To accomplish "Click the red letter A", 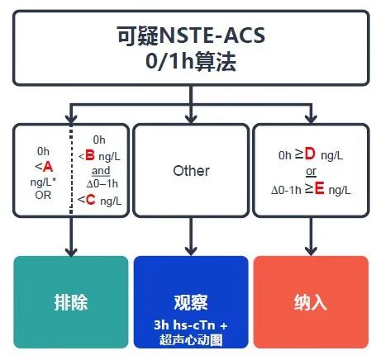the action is [x=48, y=167].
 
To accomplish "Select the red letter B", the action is [x=90, y=155].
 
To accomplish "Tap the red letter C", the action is [x=90, y=200].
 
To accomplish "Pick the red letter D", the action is [x=310, y=154].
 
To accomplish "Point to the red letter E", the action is [x=319, y=188].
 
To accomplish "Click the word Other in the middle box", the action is [x=191, y=171].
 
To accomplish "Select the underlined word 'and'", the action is [x=101, y=171].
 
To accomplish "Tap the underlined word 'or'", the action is [x=311, y=172].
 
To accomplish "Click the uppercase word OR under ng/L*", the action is [x=43, y=195].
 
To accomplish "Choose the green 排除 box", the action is [x=71, y=302].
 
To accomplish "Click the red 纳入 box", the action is [x=311, y=302].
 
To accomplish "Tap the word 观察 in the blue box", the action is [x=191, y=302].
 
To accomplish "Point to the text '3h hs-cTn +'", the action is [x=191, y=325].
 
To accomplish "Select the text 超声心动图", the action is [x=191, y=339].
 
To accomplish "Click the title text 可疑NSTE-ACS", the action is [x=191, y=36].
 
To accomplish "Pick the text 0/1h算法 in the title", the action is [x=191, y=62].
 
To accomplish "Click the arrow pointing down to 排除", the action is [x=71, y=236].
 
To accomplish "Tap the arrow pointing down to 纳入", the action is [x=311, y=236].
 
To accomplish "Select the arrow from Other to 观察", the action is [x=191, y=236].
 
